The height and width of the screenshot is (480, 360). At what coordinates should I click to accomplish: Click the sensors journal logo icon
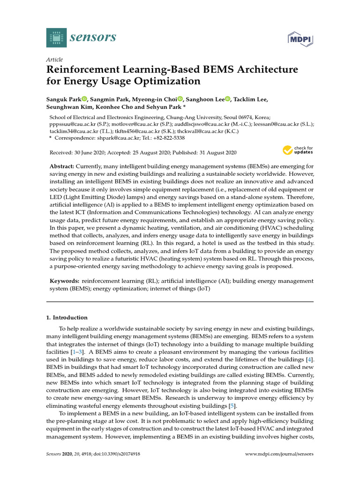coord(57,37)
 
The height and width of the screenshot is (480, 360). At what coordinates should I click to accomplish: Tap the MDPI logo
coord(300,37)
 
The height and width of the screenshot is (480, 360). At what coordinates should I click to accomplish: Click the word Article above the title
coord(54,60)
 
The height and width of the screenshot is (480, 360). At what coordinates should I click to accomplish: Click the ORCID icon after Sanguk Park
coord(84,99)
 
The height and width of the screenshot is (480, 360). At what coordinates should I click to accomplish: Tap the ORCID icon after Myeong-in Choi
coord(180,99)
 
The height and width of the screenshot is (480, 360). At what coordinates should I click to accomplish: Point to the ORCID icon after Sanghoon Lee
coord(228,99)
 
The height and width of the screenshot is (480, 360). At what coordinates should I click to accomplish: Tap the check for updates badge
coord(297,150)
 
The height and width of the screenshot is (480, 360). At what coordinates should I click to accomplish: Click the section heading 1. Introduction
coord(67,317)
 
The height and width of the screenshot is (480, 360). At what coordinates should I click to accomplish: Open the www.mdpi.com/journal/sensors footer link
coord(279,454)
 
